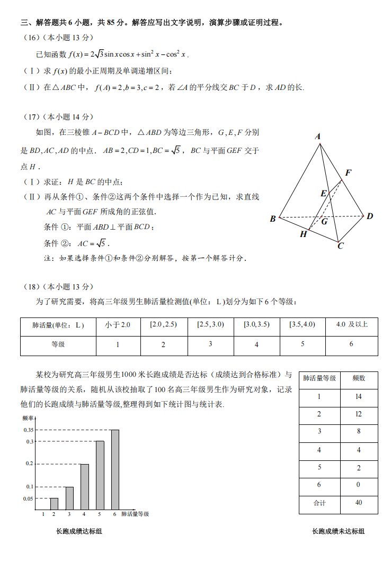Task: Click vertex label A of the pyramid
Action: coord(318,137)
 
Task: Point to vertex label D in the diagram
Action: coord(370,216)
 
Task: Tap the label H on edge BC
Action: coord(303,234)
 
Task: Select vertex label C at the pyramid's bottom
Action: coord(341,246)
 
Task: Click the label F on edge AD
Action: coord(348,172)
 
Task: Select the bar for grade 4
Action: coord(84,486)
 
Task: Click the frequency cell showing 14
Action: coord(359,396)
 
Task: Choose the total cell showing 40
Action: coord(359,502)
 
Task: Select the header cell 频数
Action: coord(359,378)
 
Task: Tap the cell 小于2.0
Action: coord(118,325)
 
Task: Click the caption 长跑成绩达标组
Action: coord(78,531)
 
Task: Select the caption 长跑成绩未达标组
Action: coord(338,531)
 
